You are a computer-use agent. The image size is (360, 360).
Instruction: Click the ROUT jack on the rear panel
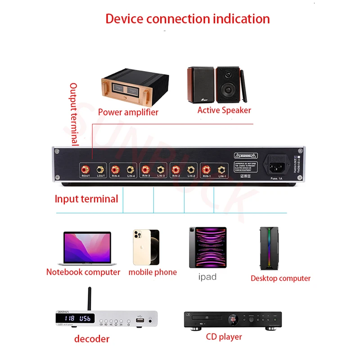point(85,170)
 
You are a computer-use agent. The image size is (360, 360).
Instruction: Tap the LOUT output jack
point(101,170)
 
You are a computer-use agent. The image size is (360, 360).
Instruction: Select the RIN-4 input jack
point(115,170)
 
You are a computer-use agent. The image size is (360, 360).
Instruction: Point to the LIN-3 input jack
point(161,170)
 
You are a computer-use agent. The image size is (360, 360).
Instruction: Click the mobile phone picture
point(146,247)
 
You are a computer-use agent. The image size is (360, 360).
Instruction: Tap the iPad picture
point(207,248)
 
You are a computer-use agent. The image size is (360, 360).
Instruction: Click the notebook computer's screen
point(87,247)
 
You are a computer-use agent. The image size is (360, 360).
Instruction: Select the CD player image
point(232,320)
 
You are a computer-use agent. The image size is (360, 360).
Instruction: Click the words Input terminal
point(86,199)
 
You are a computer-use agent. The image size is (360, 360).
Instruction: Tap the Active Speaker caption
point(224,110)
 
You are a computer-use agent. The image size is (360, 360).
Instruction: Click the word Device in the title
point(124,19)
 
